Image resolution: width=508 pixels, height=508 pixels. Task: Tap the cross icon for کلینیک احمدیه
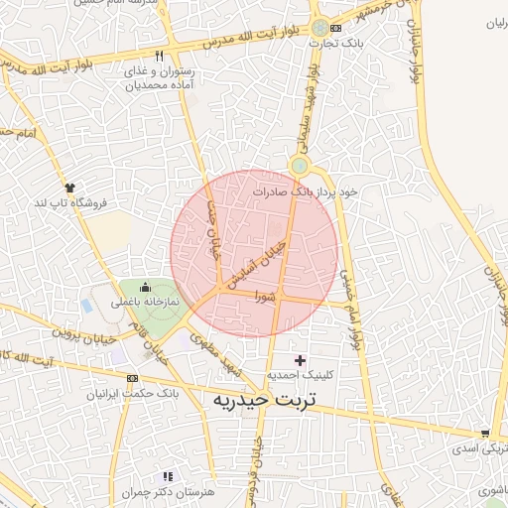click(301, 358)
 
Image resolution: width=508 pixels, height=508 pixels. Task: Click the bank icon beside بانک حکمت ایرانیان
click(132, 378)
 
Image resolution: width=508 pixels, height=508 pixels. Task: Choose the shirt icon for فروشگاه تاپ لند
click(69, 187)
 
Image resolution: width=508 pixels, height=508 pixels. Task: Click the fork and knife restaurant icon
click(160, 56)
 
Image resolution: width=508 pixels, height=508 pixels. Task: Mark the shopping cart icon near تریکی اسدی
click(484, 433)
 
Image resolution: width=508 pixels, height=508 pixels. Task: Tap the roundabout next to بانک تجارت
click(318, 28)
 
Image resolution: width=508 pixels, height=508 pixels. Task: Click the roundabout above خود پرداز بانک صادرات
click(299, 165)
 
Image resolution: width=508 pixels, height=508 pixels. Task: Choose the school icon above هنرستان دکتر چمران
click(167, 477)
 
